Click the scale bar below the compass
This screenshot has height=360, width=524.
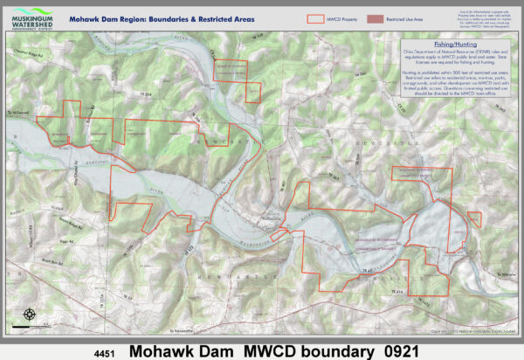(30, 327)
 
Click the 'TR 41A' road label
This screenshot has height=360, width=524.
(398, 289)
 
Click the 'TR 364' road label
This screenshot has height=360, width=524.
(142, 94)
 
